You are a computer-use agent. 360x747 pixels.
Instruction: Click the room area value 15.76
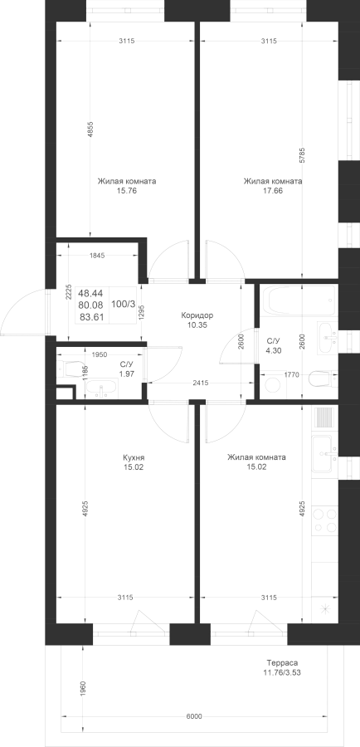(x=126, y=191)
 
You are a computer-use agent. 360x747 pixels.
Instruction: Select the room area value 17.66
(x=272, y=191)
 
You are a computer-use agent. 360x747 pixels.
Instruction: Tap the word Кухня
(x=134, y=457)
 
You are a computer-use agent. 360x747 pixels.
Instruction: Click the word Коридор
(x=197, y=315)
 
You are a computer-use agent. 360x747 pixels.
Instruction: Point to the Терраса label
(x=282, y=662)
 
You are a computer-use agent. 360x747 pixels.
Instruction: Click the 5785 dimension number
(x=303, y=156)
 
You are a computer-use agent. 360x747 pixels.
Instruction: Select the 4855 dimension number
(x=90, y=129)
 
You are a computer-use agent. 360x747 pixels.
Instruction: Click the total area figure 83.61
(x=90, y=316)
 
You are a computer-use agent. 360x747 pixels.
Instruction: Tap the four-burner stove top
(x=325, y=520)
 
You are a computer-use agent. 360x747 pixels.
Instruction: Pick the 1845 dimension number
(x=97, y=256)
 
